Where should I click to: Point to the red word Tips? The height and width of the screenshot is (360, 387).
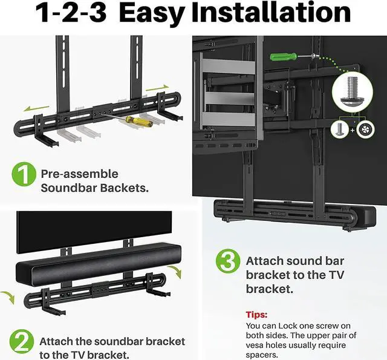pos(257,315)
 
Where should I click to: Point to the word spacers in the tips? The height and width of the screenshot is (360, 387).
pos(264,355)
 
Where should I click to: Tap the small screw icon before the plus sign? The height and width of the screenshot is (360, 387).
pos(339,129)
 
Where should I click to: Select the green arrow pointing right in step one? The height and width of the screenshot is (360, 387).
pos(157,87)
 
